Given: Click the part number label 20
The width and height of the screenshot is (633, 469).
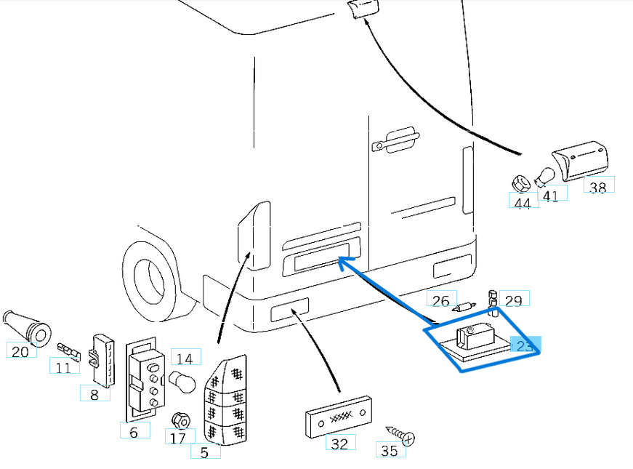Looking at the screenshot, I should pyautogui.click(x=22, y=350).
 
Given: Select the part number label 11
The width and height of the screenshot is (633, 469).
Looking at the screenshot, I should pyautogui.click(x=64, y=367).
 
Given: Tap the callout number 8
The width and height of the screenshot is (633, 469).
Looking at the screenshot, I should pyautogui.click(x=94, y=395).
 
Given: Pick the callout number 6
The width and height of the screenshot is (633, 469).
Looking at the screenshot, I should pyautogui.click(x=134, y=432).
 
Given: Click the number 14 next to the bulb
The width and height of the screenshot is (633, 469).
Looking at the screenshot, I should pyautogui.click(x=185, y=358).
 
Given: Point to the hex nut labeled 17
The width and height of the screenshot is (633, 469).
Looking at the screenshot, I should pyautogui.click(x=180, y=421).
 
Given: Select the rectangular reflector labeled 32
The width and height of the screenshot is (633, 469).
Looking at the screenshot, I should pyautogui.click(x=338, y=417).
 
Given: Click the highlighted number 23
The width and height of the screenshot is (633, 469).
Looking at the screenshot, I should pyautogui.click(x=525, y=345).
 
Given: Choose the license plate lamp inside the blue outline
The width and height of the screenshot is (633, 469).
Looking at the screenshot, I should pyautogui.click(x=473, y=339).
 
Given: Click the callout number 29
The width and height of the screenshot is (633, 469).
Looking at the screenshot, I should pyautogui.click(x=514, y=300).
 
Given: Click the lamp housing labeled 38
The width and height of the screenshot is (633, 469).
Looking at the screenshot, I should pyautogui.click(x=580, y=162).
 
